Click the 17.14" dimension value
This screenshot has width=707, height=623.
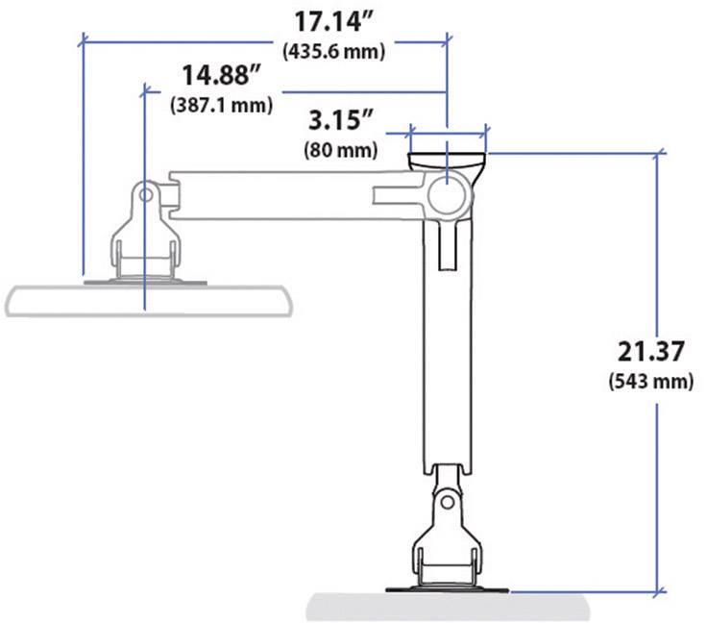tap(334, 21)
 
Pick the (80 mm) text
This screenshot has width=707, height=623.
tap(340, 150)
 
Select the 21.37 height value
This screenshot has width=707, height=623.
tap(650, 350)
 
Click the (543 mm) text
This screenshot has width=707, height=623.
tap(650, 382)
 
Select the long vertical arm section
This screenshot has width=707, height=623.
tap(446, 365)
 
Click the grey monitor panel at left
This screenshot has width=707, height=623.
tap(144, 299)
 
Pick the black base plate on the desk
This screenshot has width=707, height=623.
tap(446, 589)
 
